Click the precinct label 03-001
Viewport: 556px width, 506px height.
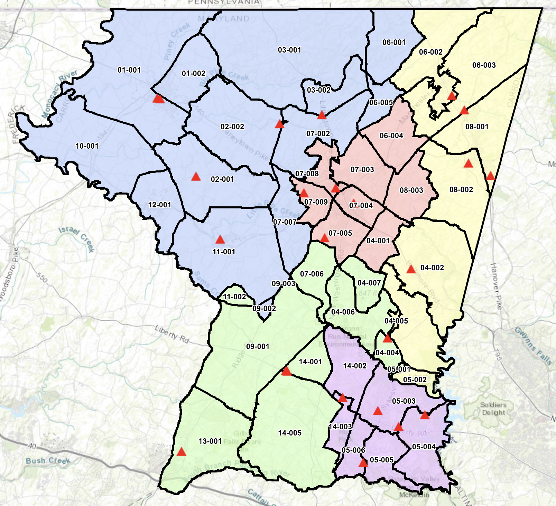pyautogui.click(x=289, y=50)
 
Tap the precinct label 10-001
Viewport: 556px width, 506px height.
pyautogui.click(x=87, y=146)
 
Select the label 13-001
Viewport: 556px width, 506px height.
pyautogui.click(x=210, y=441)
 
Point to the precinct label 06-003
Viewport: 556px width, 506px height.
pyautogui.click(x=484, y=65)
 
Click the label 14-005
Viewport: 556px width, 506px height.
pyautogui.click(x=290, y=433)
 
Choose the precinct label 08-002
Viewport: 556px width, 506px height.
pyautogui.click(x=461, y=190)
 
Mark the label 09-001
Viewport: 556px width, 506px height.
pyautogui.click(x=258, y=347)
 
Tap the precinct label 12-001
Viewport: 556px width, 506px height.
pyautogui.click(x=159, y=205)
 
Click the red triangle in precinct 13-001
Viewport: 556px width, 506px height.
pyautogui.click(x=181, y=452)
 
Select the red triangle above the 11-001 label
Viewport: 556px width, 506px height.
pyautogui.click(x=220, y=240)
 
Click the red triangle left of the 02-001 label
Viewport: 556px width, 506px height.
pyautogui.click(x=196, y=177)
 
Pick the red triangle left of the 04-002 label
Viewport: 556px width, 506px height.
pyautogui.click(x=411, y=269)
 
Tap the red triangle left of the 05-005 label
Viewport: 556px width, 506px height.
pyautogui.click(x=363, y=463)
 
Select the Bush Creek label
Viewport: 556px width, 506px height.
pyautogui.click(x=48, y=461)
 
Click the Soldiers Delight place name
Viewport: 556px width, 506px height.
pyautogui.click(x=493, y=409)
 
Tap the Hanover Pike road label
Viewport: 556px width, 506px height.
pyautogui.click(x=497, y=286)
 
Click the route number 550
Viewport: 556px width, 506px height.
pyautogui.click(x=41, y=278)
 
